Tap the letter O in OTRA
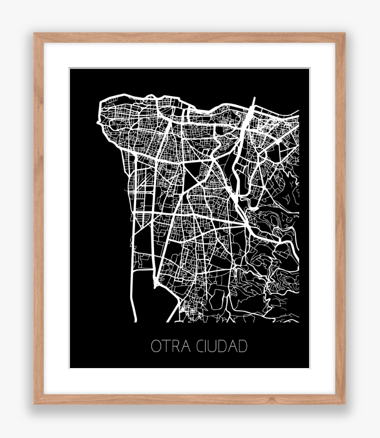point(156,347)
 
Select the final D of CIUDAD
point(243,347)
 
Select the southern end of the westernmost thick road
point(135,320)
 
